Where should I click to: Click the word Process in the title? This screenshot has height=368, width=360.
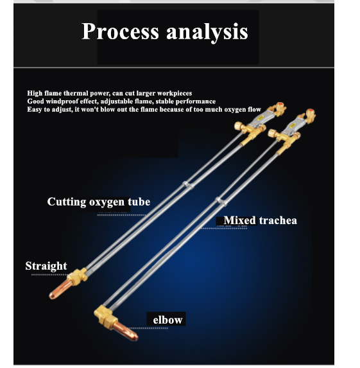click(120, 31)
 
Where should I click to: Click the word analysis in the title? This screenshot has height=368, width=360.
click(207, 32)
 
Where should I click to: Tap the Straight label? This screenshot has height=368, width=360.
click(46, 266)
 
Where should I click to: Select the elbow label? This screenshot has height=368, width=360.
click(167, 320)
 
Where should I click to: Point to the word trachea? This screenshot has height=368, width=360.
click(278, 220)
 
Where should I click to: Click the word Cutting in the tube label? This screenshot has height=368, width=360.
click(67, 202)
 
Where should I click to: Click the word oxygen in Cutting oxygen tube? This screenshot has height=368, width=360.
click(107, 203)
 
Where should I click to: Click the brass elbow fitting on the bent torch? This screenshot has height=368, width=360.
click(105, 315)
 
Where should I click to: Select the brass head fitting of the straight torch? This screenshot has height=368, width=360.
click(78, 276)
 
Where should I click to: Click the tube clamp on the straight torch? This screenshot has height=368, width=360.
click(188, 185)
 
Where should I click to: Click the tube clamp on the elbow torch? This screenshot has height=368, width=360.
click(221, 202)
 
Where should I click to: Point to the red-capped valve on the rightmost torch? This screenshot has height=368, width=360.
click(310, 114)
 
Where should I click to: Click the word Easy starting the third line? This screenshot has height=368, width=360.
click(35, 110)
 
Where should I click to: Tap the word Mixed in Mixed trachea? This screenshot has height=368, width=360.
click(240, 220)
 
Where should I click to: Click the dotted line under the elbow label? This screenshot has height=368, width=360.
click(148, 328)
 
